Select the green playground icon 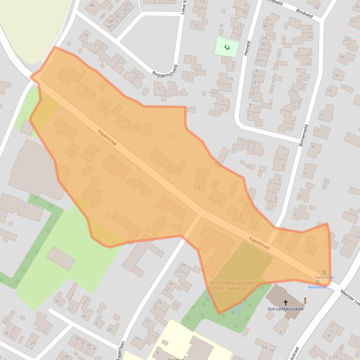[x=227, y=47]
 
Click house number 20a [x=179, y=170]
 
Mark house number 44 [x=92, y=6]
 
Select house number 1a [x=357, y=238]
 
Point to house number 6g [x=265, y=347]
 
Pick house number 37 [x=71, y=309]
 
